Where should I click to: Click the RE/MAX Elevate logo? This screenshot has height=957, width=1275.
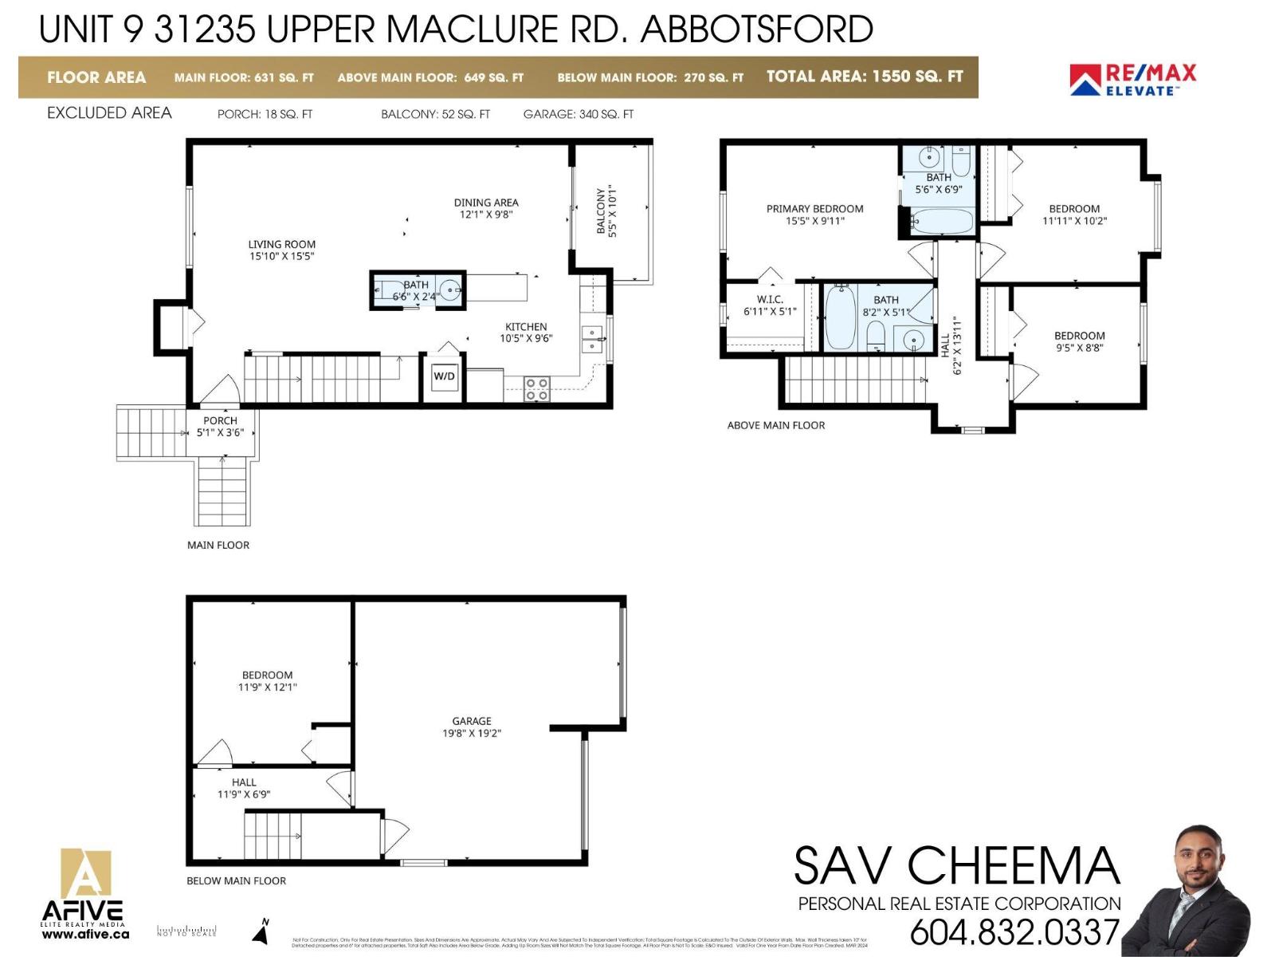click(1132, 80)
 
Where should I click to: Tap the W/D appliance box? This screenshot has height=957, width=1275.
click(444, 376)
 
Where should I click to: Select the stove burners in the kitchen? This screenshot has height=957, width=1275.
click(536, 389)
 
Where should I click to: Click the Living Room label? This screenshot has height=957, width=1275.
click(281, 250)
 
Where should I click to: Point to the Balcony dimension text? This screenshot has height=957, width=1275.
click(613, 212)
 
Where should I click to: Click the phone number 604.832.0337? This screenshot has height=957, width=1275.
click(1014, 931)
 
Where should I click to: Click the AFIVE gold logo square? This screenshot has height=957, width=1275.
click(86, 874)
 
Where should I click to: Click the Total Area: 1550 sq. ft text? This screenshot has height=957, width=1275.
click(865, 77)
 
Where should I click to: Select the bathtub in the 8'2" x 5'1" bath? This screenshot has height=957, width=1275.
click(840, 318)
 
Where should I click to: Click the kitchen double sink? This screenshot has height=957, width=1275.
click(591, 339)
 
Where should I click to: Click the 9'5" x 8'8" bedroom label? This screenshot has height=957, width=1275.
click(1079, 342)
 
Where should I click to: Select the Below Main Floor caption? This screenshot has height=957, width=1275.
click(236, 880)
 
